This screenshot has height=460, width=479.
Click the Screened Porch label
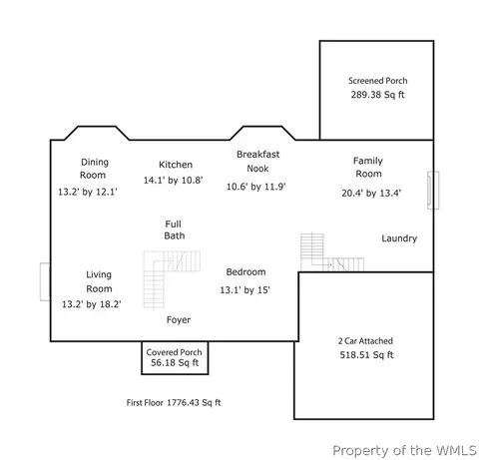(x=377, y=81)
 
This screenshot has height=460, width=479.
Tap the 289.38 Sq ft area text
(x=377, y=95)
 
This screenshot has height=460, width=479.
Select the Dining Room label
(x=94, y=169)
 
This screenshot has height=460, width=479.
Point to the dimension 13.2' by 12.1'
(x=88, y=192)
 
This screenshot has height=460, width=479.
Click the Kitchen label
(x=176, y=165)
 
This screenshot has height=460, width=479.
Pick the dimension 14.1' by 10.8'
(x=173, y=181)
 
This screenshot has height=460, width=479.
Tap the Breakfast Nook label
(x=257, y=162)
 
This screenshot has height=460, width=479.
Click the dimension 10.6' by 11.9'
(x=256, y=187)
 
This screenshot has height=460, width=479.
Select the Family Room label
(x=368, y=168)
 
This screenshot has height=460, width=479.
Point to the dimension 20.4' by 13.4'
(x=371, y=194)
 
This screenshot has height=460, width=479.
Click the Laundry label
(x=399, y=238)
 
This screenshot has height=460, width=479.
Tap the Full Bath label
(x=174, y=230)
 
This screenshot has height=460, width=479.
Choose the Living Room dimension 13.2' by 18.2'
(x=91, y=304)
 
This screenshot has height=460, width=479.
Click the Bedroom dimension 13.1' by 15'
(x=244, y=290)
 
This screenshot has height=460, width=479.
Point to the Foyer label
(x=179, y=320)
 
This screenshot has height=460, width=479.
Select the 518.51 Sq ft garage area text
(x=366, y=355)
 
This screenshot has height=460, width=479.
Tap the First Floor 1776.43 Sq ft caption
(x=174, y=403)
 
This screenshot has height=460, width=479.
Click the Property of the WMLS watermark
(x=404, y=451)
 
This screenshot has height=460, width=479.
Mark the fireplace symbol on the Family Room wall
(x=433, y=191)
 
